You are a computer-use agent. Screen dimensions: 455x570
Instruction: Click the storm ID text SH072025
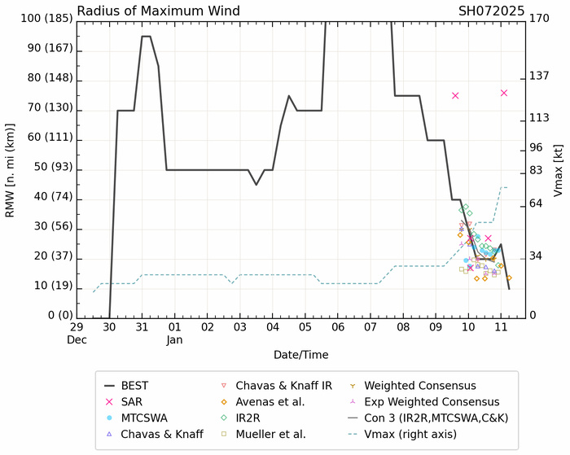click(x=493, y=11)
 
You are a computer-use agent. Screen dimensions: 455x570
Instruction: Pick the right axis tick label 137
click(x=540, y=76)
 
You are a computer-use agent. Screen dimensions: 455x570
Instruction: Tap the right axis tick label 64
click(x=537, y=203)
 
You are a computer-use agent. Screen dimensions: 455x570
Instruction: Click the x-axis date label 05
click(x=305, y=326)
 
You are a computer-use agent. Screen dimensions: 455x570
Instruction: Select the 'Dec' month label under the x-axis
click(x=77, y=339)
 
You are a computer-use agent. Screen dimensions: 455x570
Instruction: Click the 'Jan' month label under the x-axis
click(x=174, y=339)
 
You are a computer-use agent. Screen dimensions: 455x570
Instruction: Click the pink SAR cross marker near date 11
click(x=504, y=93)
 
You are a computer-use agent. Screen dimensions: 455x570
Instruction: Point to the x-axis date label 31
click(x=142, y=326)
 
